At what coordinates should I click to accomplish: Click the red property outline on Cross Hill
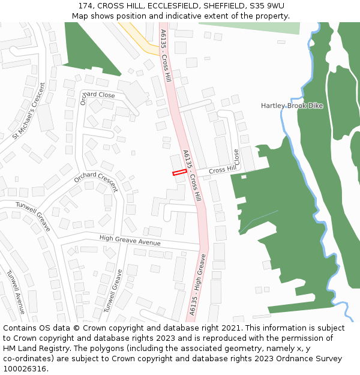click(179, 173)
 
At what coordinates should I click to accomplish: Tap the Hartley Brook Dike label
click(292, 106)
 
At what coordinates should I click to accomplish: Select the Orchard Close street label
click(98, 96)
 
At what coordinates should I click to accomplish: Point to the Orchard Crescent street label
click(96, 181)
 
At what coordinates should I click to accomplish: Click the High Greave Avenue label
click(130, 240)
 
